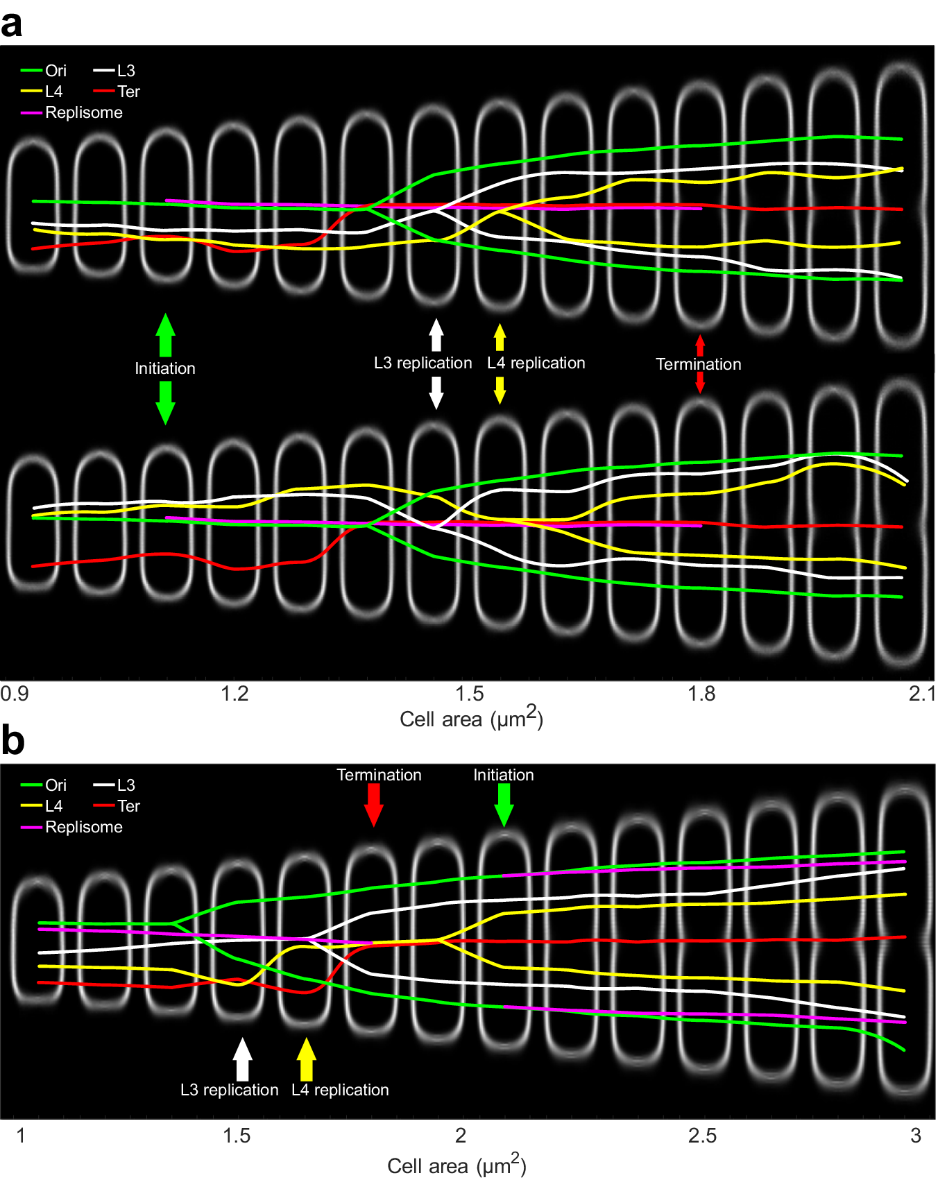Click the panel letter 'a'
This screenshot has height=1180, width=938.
tap(12, 25)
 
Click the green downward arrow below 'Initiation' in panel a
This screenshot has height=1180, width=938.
tap(165, 402)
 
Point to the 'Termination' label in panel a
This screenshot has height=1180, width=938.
tap(698, 364)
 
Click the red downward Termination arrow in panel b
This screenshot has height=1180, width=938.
tap(374, 805)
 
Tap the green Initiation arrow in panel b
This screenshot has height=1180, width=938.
tap(504, 805)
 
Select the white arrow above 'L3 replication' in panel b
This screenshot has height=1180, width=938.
tap(242, 1059)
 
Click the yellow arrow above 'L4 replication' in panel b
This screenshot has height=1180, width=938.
tap(306, 1059)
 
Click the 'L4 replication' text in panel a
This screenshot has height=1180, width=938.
tap(536, 363)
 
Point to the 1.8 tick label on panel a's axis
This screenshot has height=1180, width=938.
tap(701, 694)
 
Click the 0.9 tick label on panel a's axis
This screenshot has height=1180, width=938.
tap(15, 694)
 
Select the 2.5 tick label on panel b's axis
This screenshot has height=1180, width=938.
tap(702, 1136)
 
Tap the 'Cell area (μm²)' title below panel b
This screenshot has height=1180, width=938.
tap(457, 1165)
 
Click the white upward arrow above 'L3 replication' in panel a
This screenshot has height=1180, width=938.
tap(436, 334)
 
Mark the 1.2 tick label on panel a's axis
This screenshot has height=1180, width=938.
tap(235, 694)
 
